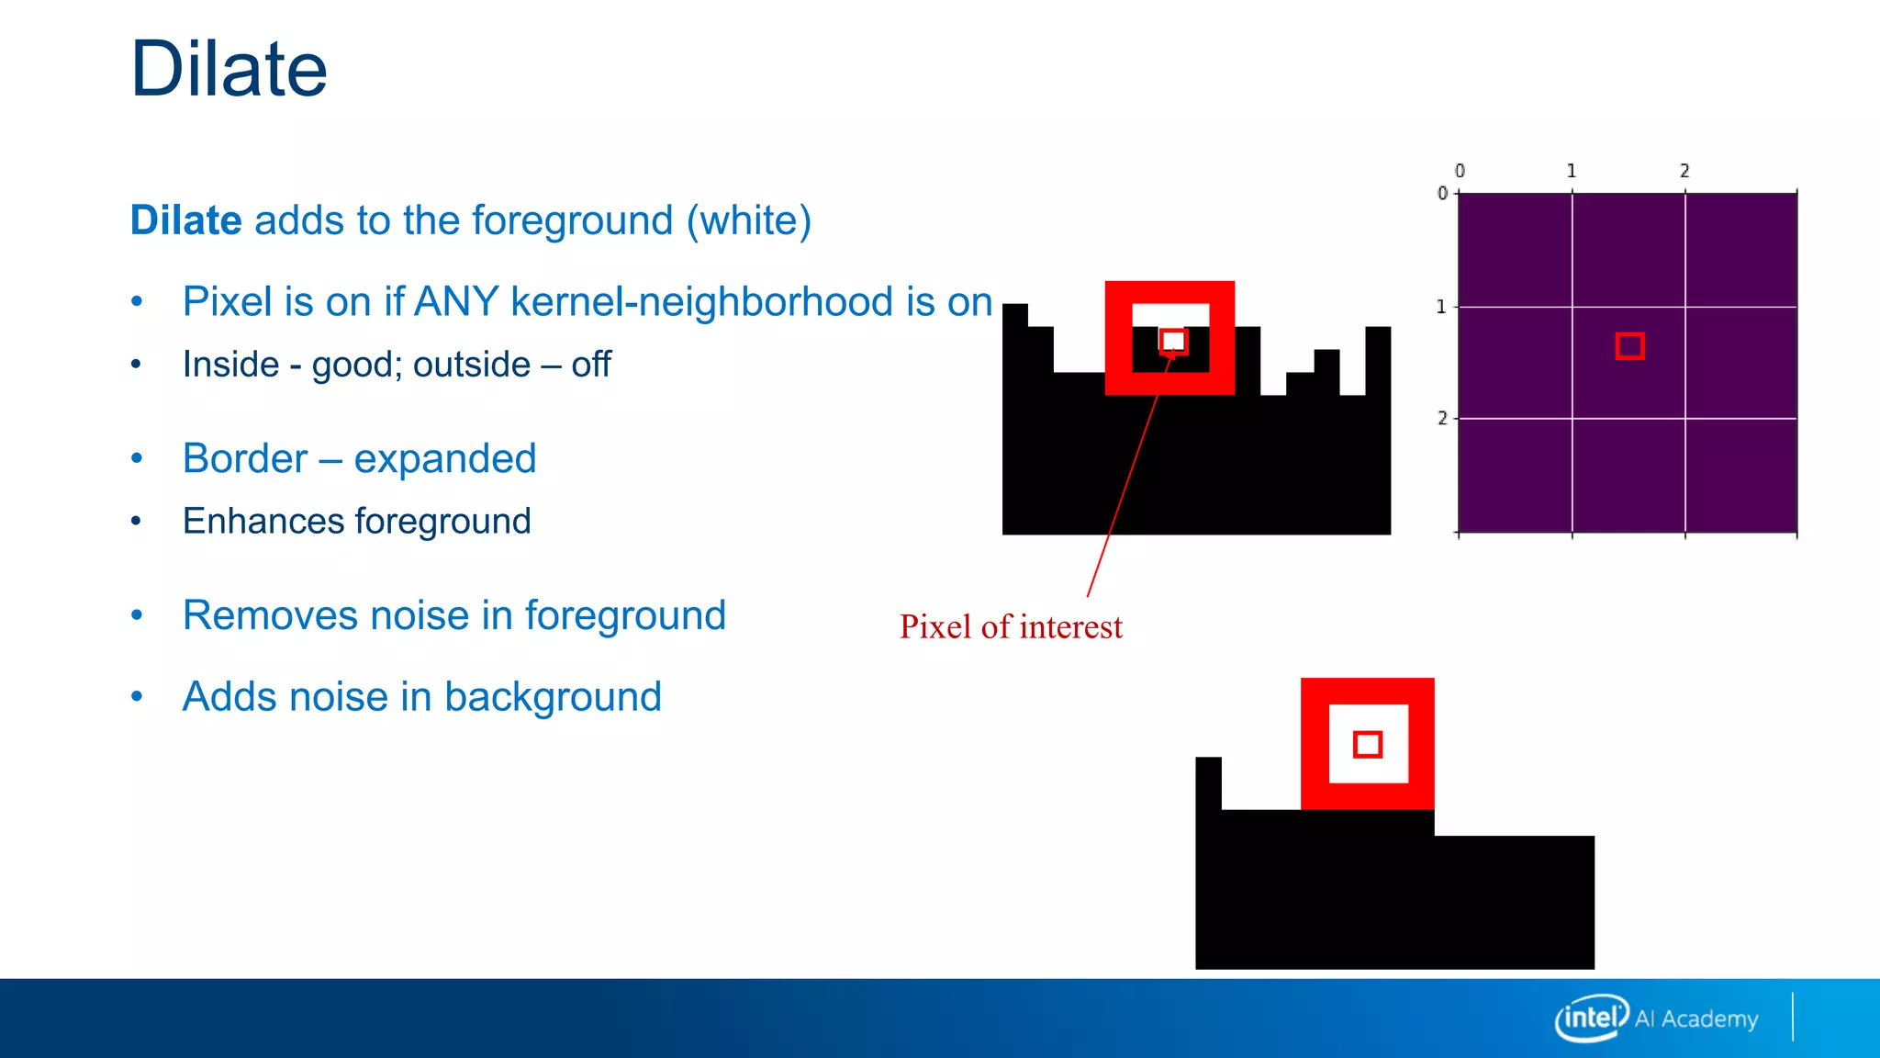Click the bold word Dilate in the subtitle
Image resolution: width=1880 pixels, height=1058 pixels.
point(185,220)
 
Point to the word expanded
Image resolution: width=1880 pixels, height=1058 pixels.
point(444,458)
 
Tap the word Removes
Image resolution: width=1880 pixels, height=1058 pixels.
point(270,615)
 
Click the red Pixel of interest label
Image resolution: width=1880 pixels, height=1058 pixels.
point(1011,627)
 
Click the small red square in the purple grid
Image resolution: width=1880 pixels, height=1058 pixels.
point(1629,346)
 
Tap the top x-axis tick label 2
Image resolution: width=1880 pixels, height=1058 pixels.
point(1684,171)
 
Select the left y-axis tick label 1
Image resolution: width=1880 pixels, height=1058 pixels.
point(1441,307)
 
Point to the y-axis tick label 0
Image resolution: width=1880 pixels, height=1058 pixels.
point(1442,193)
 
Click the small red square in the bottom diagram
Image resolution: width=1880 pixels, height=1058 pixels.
point(1368,744)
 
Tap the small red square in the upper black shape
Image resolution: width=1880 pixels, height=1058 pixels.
point(1173,342)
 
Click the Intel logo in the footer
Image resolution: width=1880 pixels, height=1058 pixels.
point(1591,1018)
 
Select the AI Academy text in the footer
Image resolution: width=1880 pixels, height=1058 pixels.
point(1696,1019)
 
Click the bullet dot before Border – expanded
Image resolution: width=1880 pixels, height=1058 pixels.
point(137,458)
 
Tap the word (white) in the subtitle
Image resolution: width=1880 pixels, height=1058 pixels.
point(749,220)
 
